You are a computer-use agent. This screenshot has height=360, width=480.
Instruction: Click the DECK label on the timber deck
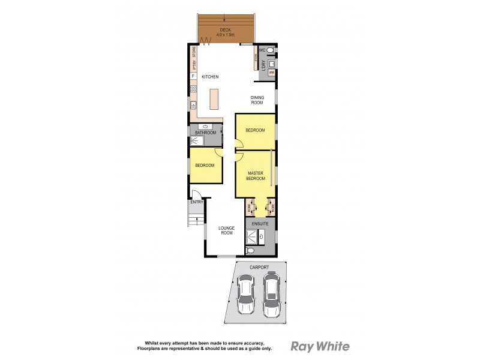225,29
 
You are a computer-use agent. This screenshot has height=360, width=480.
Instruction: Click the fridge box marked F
193,77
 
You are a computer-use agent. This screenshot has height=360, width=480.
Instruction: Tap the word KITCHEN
209,77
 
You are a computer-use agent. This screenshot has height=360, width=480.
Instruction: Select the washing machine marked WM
271,73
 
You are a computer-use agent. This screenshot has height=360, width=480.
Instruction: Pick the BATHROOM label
205,133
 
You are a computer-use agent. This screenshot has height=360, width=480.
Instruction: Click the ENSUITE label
260,223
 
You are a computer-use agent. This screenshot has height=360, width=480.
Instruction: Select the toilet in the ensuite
253,251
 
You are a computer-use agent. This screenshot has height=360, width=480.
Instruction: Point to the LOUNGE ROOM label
226,230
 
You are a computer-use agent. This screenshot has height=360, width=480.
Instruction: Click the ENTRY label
197,202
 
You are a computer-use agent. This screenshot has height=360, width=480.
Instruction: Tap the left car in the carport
246,294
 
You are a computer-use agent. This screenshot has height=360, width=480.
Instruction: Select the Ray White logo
320,346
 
